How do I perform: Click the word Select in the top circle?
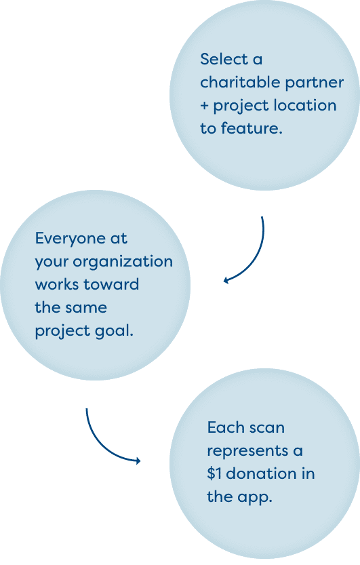222,60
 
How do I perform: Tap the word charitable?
240,83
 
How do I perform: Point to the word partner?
314,83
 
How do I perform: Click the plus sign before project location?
204,106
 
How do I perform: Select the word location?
305,106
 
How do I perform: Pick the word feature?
252,129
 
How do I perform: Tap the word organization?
123,262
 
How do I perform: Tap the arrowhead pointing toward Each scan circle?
138,461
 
